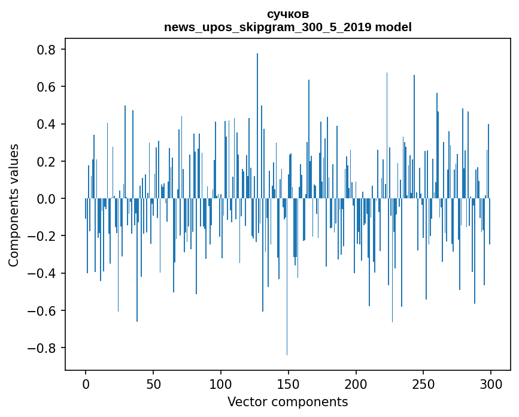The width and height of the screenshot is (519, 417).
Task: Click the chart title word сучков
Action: click(x=288, y=14)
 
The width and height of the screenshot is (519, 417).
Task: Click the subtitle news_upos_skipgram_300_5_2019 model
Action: click(x=288, y=27)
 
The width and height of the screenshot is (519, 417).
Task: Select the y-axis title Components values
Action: click(x=14, y=205)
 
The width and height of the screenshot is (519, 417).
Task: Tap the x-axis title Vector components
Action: click(x=287, y=401)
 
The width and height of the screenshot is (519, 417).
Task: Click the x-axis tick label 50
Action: click(x=153, y=383)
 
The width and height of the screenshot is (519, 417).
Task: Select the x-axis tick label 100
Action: click(x=221, y=383)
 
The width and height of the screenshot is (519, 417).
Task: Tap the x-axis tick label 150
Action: click(x=288, y=383)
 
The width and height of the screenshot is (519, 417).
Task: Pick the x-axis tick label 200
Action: click(x=356, y=383)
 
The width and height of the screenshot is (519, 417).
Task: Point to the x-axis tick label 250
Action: click(x=423, y=383)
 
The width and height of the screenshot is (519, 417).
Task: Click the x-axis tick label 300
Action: click(x=491, y=383)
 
